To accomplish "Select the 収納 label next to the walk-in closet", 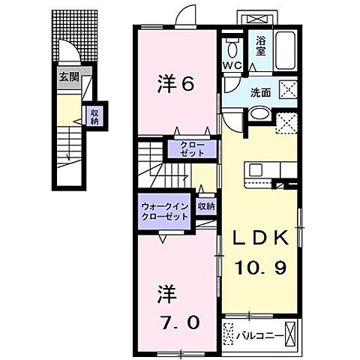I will pyautogui.click(x=206, y=206).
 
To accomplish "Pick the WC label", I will pyautogui.click(x=231, y=66).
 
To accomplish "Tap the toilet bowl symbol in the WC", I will pyautogui.click(x=232, y=49).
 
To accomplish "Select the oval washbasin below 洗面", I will pyautogui.click(x=258, y=113).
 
